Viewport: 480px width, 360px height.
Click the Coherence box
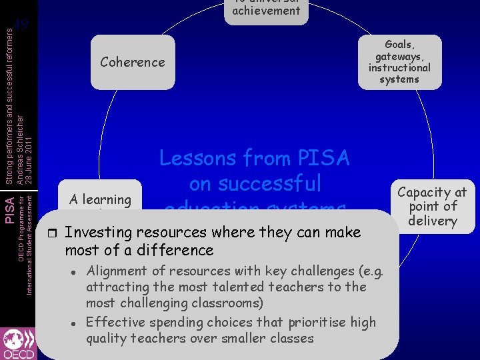pos(132,62)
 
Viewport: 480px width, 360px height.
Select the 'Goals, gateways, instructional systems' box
pos(399,62)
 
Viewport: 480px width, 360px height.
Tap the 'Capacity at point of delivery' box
pos(432,206)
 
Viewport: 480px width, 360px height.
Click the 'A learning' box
pos(100,199)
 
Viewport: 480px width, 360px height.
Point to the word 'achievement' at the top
pos(266,10)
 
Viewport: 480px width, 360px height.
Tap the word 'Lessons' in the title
pos(197,158)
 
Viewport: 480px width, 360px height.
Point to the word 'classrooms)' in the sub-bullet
pos(227,303)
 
